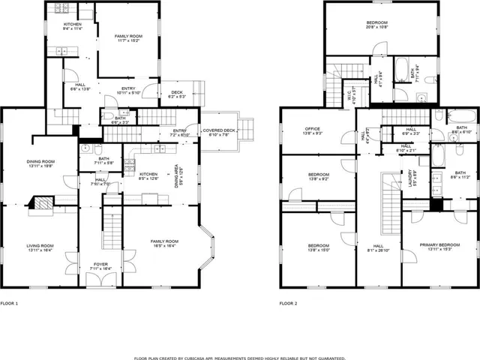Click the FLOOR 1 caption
pos(9,304)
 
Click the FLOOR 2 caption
pos(289,304)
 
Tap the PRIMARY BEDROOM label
pos(439,244)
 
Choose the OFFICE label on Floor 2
pos(292,130)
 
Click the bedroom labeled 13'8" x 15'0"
pos(318,247)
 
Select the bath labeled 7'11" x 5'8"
pos(103,160)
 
